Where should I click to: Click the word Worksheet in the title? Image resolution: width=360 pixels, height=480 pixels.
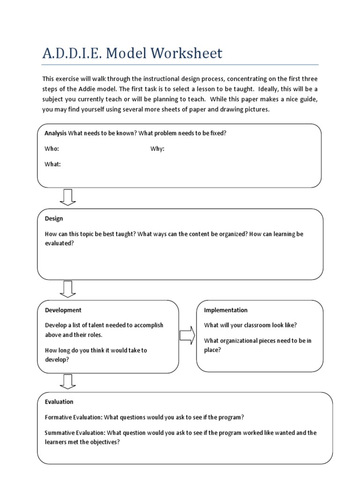(188, 53)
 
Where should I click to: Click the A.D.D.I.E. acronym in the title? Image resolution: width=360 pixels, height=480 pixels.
(73, 53)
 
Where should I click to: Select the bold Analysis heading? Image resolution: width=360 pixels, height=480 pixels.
(56, 133)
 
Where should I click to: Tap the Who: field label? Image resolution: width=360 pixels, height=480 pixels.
(52, 149)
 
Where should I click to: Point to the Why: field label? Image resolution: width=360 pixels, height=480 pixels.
(157, 149)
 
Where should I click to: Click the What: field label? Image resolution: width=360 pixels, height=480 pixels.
(52, 165)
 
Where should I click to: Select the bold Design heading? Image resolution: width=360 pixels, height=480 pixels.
(54, 218)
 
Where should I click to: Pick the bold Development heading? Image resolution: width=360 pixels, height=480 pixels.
(63, 310)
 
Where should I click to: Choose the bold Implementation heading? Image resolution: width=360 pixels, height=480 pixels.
(226, 310)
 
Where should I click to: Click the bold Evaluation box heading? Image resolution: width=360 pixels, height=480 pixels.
(59, 402)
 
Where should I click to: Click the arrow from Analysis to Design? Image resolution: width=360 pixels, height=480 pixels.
(68, 197)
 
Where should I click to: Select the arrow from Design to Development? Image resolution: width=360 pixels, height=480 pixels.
(68, 289)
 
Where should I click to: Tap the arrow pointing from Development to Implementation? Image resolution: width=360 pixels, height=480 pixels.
(187, 336)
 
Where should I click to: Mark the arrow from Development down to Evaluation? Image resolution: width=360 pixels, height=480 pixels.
(68, 381)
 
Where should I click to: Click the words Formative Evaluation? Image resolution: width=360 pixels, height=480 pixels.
(73, 417)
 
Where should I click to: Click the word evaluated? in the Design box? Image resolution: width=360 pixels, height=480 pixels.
(60, 243)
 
